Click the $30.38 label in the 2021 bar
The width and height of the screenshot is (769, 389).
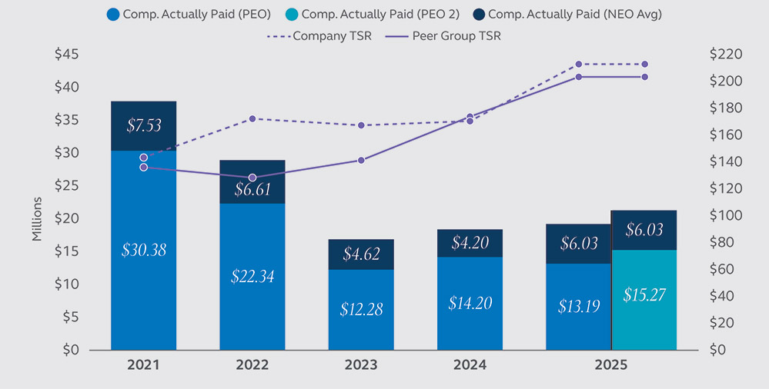(x=144, y=250)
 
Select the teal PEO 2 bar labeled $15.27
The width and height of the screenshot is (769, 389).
(x=644, y=295)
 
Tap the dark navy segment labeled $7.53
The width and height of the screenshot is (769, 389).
(x=144, y=126)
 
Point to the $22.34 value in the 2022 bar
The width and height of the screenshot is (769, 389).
(x=252, y=277)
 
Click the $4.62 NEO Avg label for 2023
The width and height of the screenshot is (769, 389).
(x=361, y=254)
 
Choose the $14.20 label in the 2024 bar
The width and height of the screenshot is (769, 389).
(x=470, y=303)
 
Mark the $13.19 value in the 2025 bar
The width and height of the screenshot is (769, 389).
(x=579, y=305)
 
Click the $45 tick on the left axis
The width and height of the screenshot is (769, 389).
(x=66, y=55)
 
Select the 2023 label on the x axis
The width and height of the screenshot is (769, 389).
(x=361, y=365)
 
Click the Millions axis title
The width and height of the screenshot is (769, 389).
(x=37, y=220)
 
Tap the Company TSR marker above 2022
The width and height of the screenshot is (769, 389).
(x=252, y=118)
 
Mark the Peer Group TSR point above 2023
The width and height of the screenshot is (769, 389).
(x=361, y=160)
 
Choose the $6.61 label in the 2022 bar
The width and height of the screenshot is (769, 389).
(x=252, y=189)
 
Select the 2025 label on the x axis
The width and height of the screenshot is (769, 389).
(x=611, y=365)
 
